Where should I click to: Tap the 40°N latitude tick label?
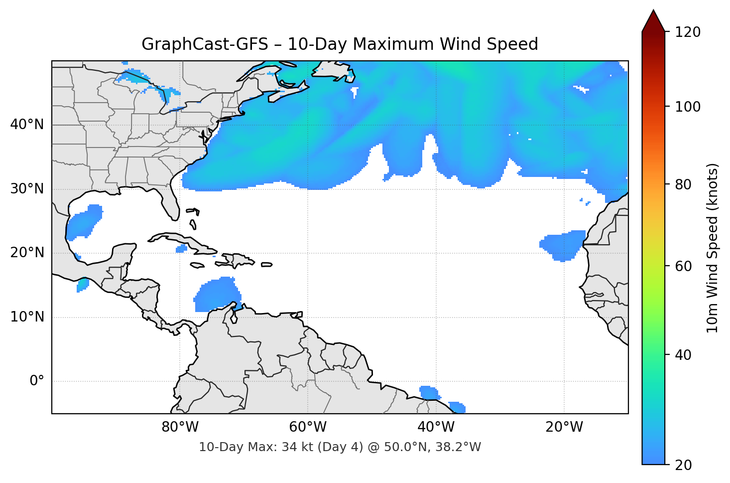(x=27, y=125)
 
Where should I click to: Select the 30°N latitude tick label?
(x=27, y=189)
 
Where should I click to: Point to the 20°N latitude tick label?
(x=27, y=253)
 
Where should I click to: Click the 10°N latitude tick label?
(x=27, y=317)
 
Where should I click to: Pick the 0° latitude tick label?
(x=36, y=381)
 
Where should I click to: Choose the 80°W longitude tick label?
(x=180, y=427)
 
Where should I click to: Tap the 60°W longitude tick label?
(x=308, y=427)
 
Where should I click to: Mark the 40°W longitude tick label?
(x=436, y=427)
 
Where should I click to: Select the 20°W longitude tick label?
(x=564, y=427)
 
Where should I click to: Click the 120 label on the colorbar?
(x=688, y=32)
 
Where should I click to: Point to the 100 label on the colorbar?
(x=688, y=107)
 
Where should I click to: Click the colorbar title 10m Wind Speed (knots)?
(x=713, y=248)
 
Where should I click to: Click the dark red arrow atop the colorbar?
(x=653, y=21)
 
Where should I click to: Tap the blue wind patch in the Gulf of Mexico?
(x=84, y=222)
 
